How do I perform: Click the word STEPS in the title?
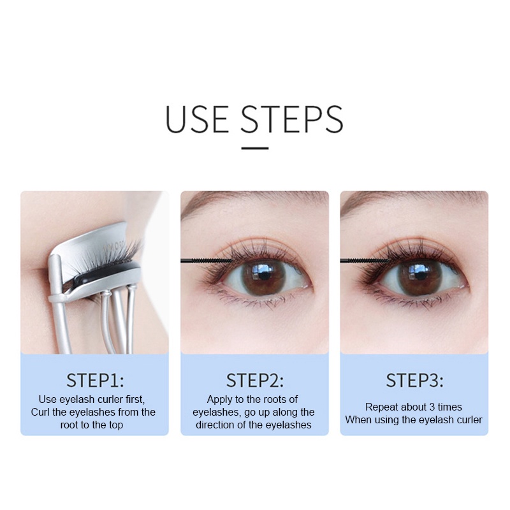point(292,119)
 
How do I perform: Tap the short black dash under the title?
point(255,148)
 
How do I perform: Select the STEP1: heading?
point(95,381)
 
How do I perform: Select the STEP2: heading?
point(254,381)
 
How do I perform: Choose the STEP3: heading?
point(414,381)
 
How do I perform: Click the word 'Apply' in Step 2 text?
point(219,400)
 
